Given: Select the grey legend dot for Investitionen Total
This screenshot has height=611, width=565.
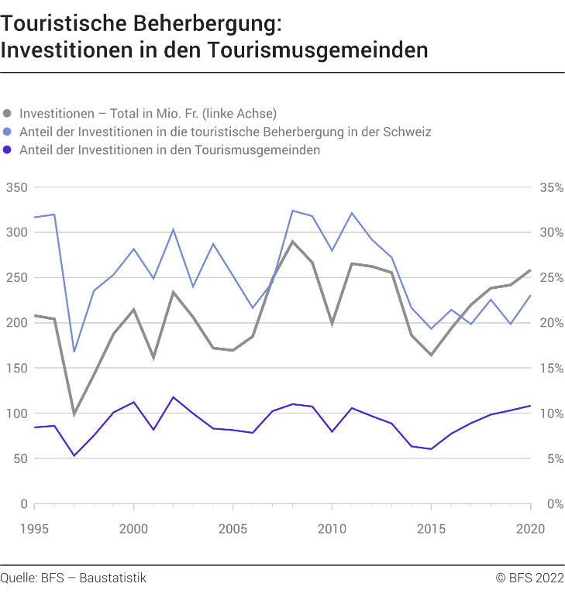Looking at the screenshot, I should [9, 112].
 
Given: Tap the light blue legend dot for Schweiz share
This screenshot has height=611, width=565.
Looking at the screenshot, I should [9, 132].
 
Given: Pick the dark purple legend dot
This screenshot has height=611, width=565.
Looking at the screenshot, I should [9, 150].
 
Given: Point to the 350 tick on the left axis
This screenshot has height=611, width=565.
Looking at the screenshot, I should [16, 187].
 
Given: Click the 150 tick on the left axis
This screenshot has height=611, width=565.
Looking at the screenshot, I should [16, 368].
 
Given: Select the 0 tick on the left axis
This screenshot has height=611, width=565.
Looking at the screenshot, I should [24, 504].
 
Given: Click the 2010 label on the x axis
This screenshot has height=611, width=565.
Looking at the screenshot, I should [332, 529].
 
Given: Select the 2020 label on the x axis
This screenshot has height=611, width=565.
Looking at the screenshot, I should [530, 529].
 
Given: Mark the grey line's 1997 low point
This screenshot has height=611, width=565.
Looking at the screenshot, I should [74, 415].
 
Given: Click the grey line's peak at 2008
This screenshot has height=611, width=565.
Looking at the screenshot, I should [292, 241].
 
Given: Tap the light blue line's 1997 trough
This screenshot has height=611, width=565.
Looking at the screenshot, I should [74, 352].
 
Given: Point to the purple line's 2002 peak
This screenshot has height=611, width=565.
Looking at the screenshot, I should [173, 397].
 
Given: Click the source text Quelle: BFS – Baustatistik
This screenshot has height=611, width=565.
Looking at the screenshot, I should [73, 578].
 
